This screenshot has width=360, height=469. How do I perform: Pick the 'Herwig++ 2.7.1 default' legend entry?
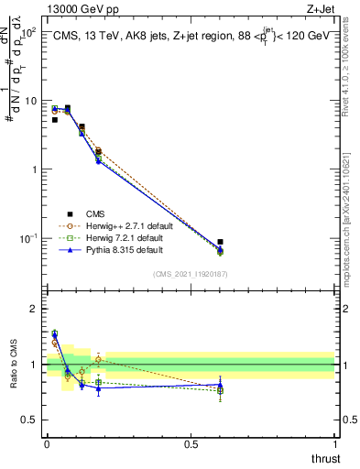pos(124,224)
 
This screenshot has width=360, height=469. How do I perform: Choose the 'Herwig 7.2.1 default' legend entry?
pos(121,236)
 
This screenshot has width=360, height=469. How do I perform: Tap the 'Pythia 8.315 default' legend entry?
pos(120,248)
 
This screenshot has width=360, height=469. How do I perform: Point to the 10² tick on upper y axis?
pos(28,32)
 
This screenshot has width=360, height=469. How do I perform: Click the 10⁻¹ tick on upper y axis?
pos(28,238)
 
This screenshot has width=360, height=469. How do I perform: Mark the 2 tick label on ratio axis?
pos(35,310)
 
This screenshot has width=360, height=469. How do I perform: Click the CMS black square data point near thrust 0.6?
pos(220,242)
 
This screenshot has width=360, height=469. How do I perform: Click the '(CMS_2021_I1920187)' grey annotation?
pos(190,273)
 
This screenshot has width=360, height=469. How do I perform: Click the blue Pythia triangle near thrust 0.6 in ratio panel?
pos(220,385)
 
